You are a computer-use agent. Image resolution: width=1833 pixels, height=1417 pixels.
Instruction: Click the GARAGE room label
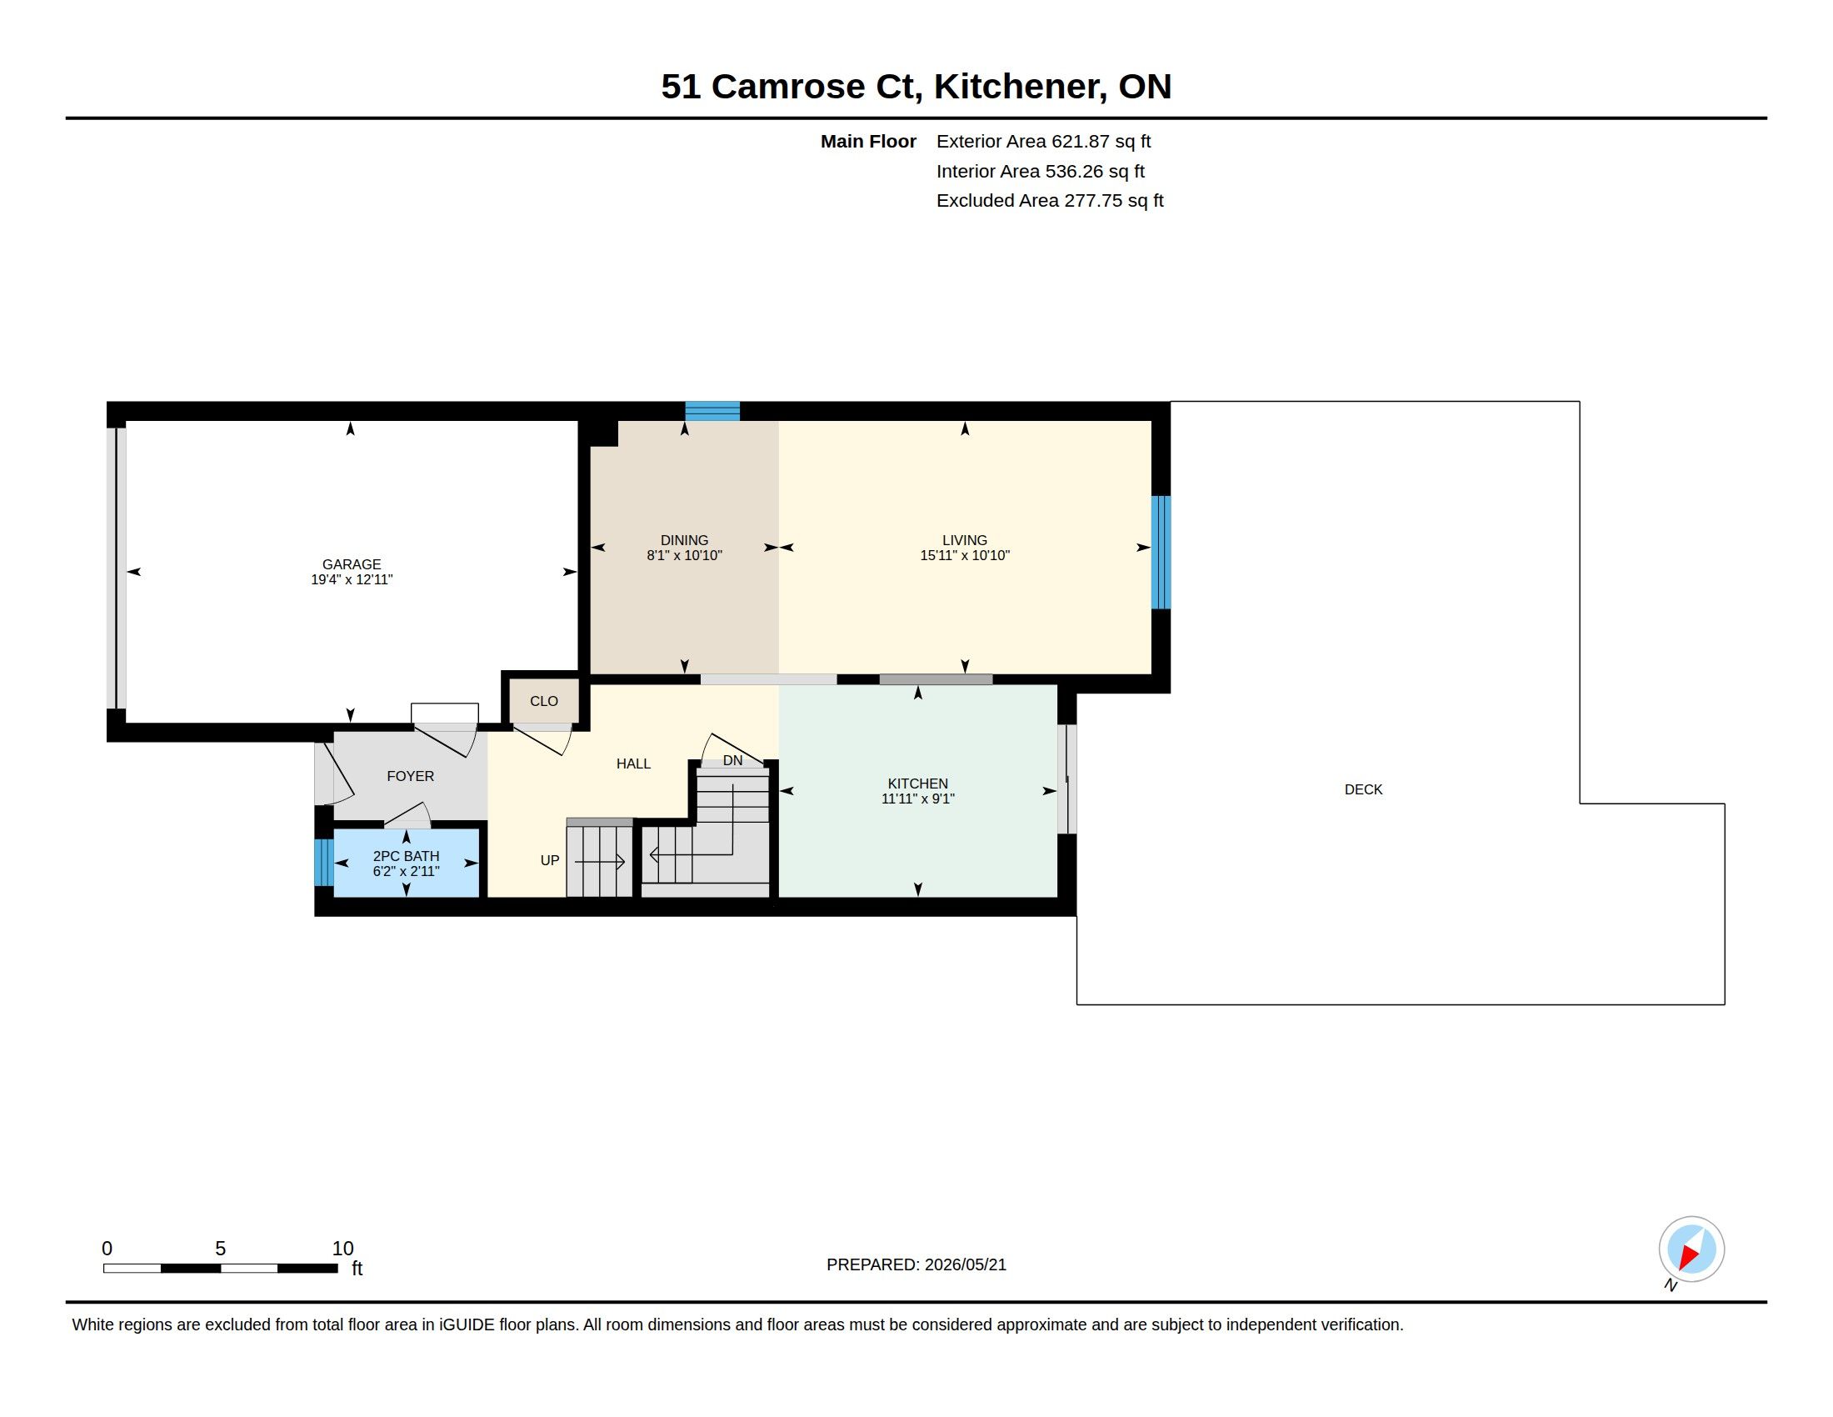(x=352, y=565)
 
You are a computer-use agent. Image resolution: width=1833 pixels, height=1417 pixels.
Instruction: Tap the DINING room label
(x=684, y=541)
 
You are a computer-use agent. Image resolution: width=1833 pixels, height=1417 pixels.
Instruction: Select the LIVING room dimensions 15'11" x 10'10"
(x=964, y=556)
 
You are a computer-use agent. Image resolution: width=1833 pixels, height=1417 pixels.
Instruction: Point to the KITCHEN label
(x=917, y=784)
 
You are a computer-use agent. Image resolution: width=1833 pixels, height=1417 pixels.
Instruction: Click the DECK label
(x=1363, y=790)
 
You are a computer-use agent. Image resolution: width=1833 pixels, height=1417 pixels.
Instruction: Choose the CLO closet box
(x=544, y=701)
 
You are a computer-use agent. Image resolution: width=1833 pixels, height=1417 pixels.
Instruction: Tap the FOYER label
(x=411, y=777)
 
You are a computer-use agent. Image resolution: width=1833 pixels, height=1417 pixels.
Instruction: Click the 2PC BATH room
(x=407, y=863)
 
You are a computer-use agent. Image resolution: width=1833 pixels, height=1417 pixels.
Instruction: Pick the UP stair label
(x=550, y=860)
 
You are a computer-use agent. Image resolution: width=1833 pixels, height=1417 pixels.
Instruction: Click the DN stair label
(x=732, y=760)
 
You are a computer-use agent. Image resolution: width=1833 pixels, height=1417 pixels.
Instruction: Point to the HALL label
(x=634, y=764)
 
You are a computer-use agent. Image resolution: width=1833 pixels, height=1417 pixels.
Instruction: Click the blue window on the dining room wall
(x=712, y=411)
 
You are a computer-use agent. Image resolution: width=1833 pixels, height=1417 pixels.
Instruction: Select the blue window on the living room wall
(x=1161, y=553)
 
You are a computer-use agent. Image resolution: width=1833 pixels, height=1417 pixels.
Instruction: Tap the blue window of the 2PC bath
(x=323, y=862)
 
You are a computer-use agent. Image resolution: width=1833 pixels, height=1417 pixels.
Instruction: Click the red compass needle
(x=1689, y=1256)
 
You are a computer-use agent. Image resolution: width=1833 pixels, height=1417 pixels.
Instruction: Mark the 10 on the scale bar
(x=342, y=1249)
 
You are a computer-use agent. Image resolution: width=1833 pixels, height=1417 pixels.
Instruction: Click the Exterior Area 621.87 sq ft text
(x=1043, y=142)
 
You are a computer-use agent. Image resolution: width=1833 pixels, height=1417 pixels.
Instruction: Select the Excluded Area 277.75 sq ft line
(x=1050, y=201)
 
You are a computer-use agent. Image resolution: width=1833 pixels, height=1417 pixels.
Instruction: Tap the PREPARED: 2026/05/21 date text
(x=916, y=1265)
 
